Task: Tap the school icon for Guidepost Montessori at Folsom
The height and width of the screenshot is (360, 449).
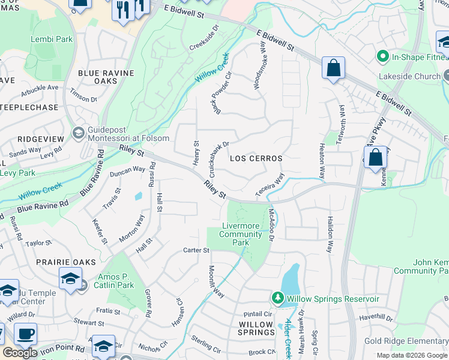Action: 78,132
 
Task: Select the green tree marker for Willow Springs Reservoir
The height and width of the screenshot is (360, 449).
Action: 277,298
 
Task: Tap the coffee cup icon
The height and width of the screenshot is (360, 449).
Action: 25,334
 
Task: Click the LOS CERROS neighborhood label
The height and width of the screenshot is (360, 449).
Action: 256,158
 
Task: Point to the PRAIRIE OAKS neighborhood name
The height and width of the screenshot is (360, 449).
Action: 29,262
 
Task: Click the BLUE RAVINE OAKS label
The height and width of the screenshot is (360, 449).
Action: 106,77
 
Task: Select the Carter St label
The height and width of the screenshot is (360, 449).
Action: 196,250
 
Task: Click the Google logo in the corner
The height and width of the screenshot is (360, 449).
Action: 20,352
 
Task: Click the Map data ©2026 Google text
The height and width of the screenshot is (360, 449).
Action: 412,355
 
